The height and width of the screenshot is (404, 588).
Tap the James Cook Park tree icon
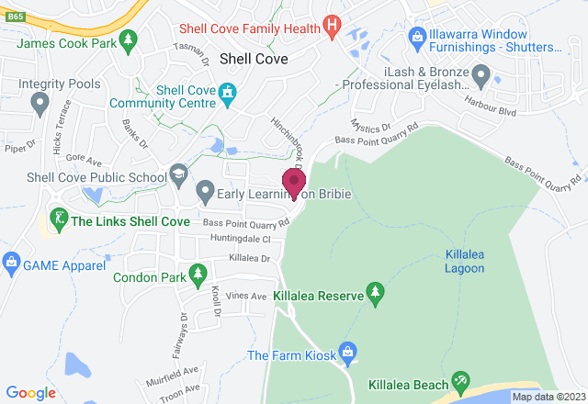129,39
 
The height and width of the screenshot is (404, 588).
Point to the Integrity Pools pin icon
40,106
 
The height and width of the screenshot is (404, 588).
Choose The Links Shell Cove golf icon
58,220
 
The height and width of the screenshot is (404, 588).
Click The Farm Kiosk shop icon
347,352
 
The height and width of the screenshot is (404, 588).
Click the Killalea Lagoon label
464,260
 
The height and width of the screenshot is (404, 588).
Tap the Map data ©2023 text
548,397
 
